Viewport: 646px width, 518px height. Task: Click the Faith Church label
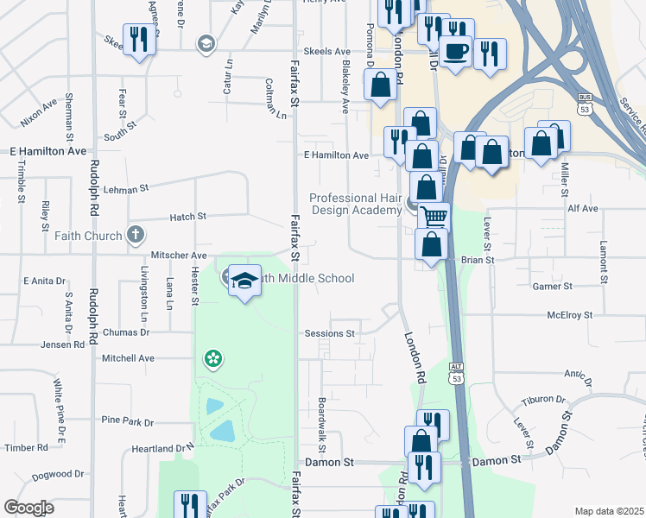click(86, 235)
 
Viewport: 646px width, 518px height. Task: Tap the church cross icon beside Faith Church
click(135, 234)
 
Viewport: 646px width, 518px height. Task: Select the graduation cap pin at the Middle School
click(245, 281)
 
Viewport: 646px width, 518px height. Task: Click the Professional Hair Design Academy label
click(355, 204)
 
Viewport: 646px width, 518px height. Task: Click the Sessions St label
click(329, 333)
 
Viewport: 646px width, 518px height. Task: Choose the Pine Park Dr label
click(127, 421)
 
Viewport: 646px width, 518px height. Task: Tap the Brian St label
click(476, 259)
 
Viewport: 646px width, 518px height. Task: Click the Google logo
click(28, 508)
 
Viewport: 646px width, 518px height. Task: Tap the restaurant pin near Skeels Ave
click(138, 39)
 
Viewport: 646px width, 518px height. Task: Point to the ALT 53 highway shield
click(455, 373)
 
